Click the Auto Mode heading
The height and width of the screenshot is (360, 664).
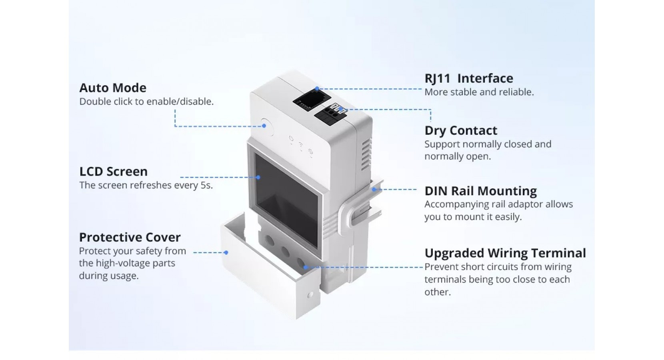(113, 88)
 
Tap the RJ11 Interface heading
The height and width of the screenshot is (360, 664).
(468, 78)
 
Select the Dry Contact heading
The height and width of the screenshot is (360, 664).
(461, 131)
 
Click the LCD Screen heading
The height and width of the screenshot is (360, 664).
(114, 172)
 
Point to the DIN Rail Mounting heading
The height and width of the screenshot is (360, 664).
(480, 191)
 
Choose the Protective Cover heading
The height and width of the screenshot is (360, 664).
(130, 238)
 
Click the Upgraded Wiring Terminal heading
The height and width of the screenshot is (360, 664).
(505, 253)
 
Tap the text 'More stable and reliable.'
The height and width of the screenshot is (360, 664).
(479, 92)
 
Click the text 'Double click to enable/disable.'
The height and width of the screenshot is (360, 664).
(146, 102)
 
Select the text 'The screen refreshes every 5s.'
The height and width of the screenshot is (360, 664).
(146, 186)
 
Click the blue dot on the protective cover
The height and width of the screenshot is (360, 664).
(226, 252)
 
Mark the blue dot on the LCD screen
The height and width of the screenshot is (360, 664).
(258, 177)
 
